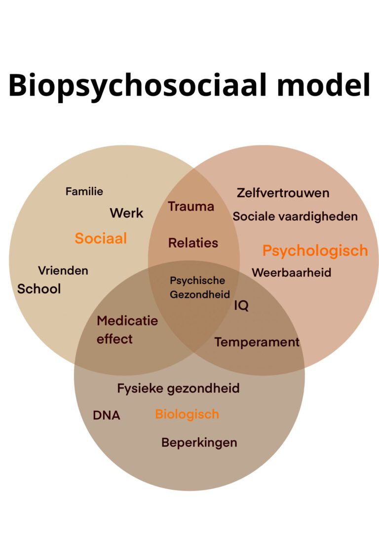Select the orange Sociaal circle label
(x=101, y=239)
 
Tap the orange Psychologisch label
(x=315, y=250)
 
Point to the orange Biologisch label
(x=187, y=414)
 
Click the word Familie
(x=84, y=191)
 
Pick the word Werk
(x=126, y=213)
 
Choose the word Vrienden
(x=63, y=270)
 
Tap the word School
(x=39, y=289)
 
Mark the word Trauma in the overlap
(x=191, y=207)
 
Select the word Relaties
(x=193, y=243)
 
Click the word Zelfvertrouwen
(x=283, y=193)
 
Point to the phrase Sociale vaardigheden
(x=295, y=216)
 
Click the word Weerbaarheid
(x=291, y=272)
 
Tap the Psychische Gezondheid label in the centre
(x=199, y=287)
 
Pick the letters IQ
(x=241, y=306)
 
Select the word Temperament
(x=257, y=342)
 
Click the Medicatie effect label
(x=127, y=330)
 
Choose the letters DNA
(x=106, y=416)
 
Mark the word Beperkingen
(x=199, y=442)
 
